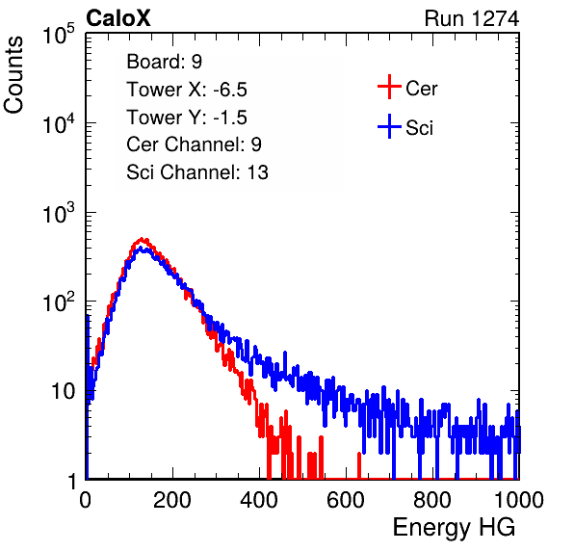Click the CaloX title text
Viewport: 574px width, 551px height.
(x=118, y=18)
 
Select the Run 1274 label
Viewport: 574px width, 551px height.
(x=472, y=18)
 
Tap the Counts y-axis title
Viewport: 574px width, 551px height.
(x=13, y=75)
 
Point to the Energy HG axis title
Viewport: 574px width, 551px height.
(x=454, y=528)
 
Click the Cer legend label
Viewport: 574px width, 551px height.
(x=421, y=89)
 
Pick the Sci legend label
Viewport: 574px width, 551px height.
(x=419, y=128)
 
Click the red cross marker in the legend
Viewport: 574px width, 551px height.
(x=389, y=87)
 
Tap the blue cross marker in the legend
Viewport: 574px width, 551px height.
(x=389, y=126)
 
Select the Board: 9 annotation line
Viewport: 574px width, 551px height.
(x=164, y=62)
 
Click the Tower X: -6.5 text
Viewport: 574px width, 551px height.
(x=187, y=90)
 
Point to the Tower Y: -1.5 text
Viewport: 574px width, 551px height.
(x=187, y=118)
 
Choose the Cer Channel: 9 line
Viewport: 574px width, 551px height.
(x=194, y=144)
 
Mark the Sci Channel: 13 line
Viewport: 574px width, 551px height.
(x=197, y=172)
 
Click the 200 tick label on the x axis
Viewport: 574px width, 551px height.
(x=172, y=500)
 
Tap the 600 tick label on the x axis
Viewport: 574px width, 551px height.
(x=346, y=500)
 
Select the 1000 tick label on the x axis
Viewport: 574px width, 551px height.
(x=519, y=500)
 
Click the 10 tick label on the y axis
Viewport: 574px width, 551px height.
(x=63, y=391)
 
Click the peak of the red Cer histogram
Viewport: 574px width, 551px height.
(x=142, y=239)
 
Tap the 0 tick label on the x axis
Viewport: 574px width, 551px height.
(x=86, y=500)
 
